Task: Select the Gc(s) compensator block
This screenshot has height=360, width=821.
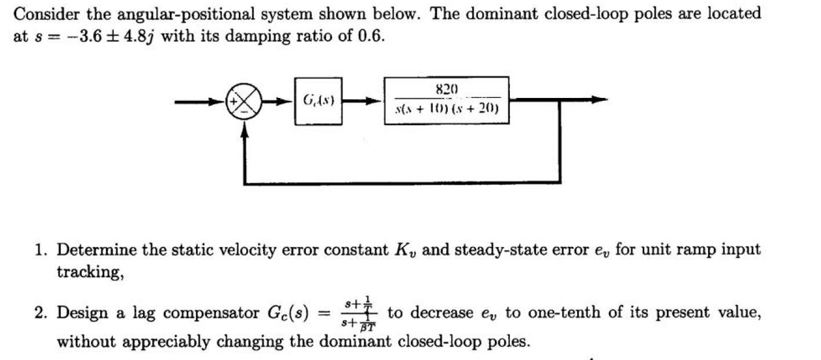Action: click(318, 101)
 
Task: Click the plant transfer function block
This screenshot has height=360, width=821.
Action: click(446, 100)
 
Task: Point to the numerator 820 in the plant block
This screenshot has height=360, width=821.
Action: click(446, 89)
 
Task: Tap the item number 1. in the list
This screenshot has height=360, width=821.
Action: click(39, 250)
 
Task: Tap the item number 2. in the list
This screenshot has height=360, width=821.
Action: click(39, 314)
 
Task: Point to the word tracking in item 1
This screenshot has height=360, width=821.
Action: click(87, 272)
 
